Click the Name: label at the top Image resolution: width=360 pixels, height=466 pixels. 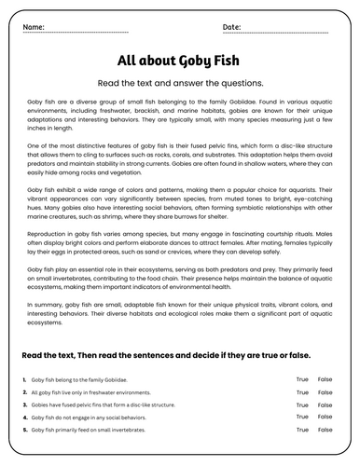(x=33, y=27)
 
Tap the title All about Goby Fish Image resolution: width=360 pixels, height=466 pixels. (x=179, y=61)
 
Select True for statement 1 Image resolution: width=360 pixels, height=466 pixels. (x=301, y=379)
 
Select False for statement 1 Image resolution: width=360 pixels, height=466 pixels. (x=325, y=379)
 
